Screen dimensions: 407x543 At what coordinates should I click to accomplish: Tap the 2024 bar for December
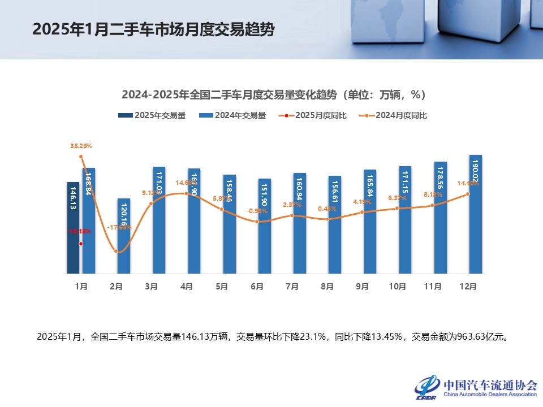476,215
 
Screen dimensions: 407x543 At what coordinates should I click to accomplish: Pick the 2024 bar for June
265,226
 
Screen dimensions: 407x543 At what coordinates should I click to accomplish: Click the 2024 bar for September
370,222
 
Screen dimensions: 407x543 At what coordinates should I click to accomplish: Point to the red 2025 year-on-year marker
81,244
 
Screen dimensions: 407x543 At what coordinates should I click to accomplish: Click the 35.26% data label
81,146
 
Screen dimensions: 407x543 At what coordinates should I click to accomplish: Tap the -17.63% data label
119,227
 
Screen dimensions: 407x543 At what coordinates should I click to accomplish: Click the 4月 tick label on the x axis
187,287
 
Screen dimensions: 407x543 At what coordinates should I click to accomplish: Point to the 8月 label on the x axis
327,287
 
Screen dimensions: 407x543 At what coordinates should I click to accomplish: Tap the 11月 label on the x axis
433,287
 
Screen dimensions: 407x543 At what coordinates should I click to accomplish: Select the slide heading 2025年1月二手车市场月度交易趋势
154,29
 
